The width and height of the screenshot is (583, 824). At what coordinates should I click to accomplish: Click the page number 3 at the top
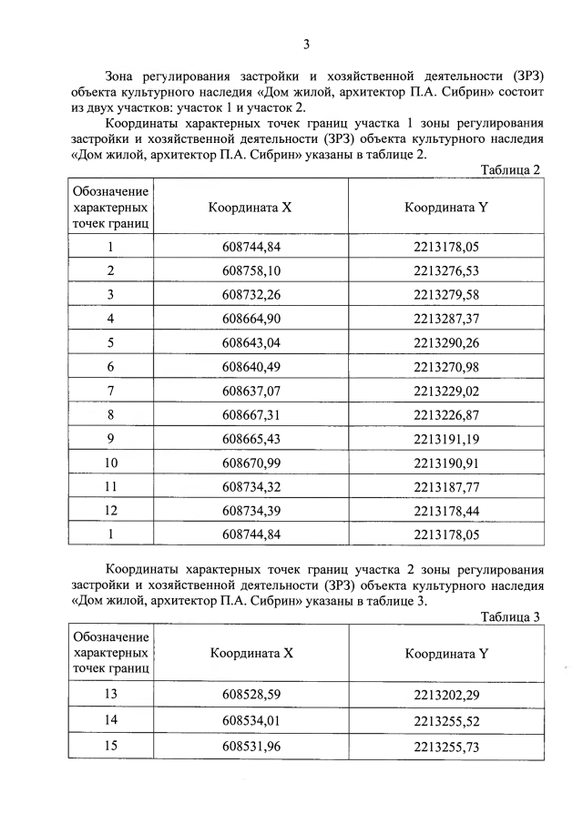point(306,44)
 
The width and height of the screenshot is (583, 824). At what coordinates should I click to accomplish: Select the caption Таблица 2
point(510,170)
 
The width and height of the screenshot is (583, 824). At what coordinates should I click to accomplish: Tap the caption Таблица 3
point(510,616)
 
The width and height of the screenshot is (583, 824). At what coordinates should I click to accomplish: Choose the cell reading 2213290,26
point(445,342)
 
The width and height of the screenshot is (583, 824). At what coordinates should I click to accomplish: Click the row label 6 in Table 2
point(110,366)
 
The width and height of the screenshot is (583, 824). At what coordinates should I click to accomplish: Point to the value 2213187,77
point(445,485)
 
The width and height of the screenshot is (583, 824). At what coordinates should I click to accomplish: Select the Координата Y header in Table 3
point(446,653)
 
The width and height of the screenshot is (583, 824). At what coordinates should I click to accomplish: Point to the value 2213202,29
point(445,696)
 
